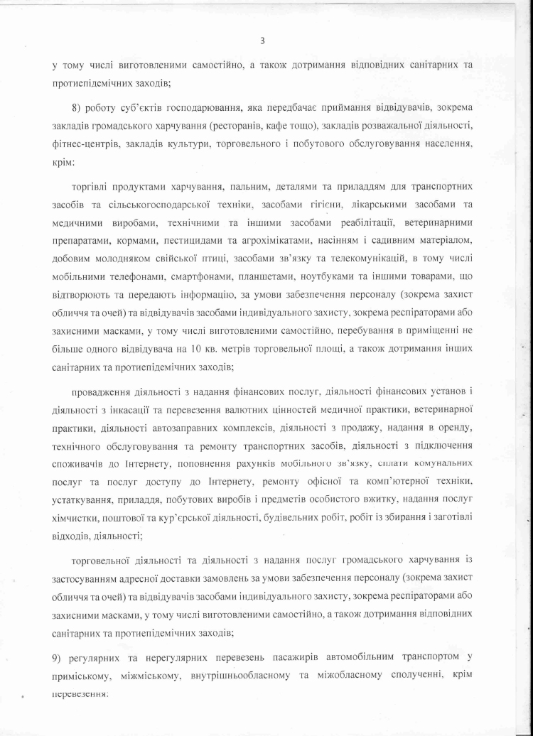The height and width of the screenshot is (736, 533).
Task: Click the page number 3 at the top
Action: click(x=263, y=40)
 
